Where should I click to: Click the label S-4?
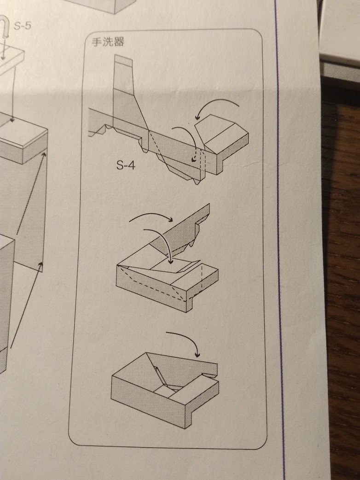pyautogui.click(x=125, y=165)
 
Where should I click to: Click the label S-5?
pyautogui.click(x=23, y=26)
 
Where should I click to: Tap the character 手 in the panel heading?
pyautogui.click(x=97, y=41)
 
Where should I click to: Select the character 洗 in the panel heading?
pyautogui.click(x=108, y=41)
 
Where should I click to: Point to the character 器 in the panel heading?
pyautogui.click(x=119, y=41)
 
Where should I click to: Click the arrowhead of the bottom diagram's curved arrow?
pyautogui.click(x=197, y=355)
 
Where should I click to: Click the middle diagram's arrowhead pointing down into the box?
pyautogui.click(x=171, y=261)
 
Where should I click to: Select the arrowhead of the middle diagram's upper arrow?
pyautogui.click(x=170, y=219)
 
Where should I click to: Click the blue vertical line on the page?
pyautogui.click(x=280, y=239)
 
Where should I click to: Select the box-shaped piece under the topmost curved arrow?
pyautogui.click(x=222, y=142)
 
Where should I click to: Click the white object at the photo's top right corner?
pyautogui.click(x=339, y=30)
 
